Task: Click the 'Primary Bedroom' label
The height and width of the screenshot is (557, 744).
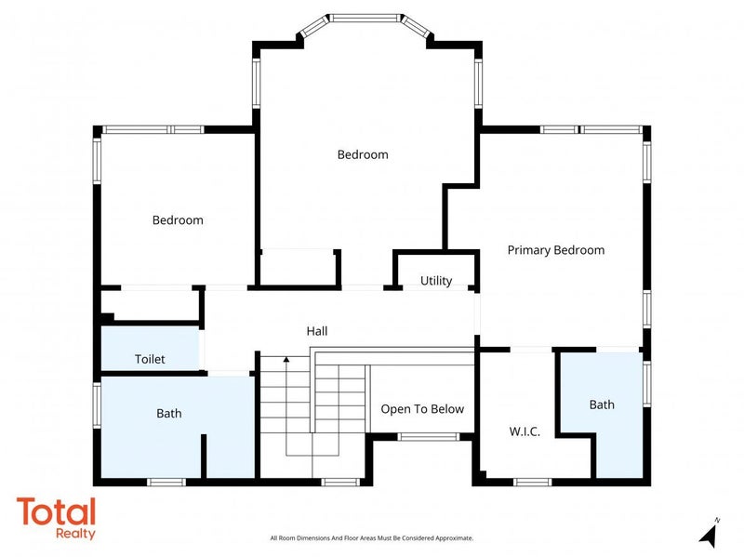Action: coord(555,250)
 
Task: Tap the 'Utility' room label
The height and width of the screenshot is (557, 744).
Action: coord(435,281)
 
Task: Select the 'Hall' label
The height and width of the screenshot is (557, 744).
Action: coord(317,331)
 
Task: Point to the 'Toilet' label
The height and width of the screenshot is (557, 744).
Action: coord(150,359)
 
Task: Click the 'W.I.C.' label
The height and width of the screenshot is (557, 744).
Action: coord(525,431)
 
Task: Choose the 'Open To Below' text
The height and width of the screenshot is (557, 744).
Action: coord(422,409)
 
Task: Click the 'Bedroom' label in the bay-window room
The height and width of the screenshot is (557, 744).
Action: coord(362,154)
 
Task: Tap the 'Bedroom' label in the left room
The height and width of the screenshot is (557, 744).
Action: coord(178,220)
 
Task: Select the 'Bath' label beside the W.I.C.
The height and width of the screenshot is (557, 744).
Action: coord(602,404)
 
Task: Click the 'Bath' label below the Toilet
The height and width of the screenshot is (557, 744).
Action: coord(169,413)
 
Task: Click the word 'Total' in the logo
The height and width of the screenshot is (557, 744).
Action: coord(56,512)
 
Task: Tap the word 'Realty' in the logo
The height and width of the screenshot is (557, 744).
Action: coord(75,535)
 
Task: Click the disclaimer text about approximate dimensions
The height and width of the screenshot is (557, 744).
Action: coord(371,538)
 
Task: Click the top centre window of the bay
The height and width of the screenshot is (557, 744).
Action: coord(365,17)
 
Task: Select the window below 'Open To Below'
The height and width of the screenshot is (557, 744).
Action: coord(428,436)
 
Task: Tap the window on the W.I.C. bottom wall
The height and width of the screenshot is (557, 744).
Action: coord(533,482)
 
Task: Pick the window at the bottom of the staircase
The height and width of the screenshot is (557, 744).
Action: coord(340,482)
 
